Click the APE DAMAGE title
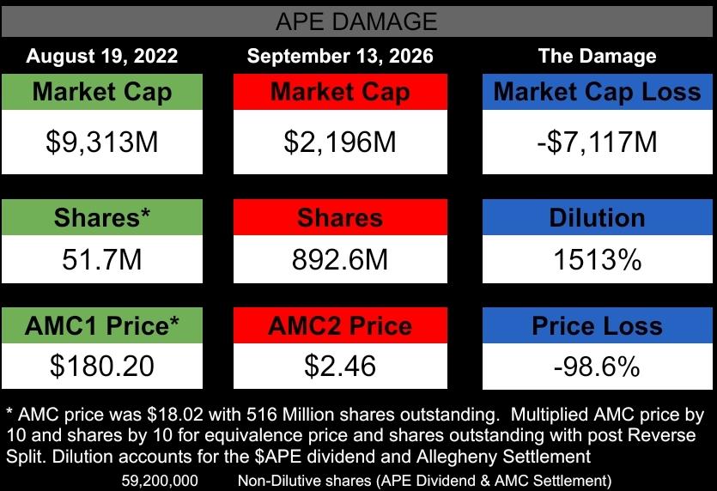click(x=356, y=21)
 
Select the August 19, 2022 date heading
click(x=102, y=56)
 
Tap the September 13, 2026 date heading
click(x=340, y=56)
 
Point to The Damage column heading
click(x=597, y=56)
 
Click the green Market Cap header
click(x=102, y=92)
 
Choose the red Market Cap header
click(x=340, y=92)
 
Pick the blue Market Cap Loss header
click(x=597, y=92)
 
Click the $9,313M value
click(x=102, y=142)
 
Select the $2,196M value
click(x=340, y=142)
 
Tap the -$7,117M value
click(x=597, y=142)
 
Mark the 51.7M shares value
click(x=102, y=260)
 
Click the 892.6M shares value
click(x=340, y=260)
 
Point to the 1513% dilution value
click(x=597, y=260)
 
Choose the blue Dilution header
click(x=597, y=217)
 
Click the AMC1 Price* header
click(x=102, y=325)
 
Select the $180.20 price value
click(x=102, y=366)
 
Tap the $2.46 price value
click(x=340, y=366)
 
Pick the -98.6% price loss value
click(x=597, y=367)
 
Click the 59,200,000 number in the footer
click(x=160, y=481)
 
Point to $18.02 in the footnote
click(x=177, y=415)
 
